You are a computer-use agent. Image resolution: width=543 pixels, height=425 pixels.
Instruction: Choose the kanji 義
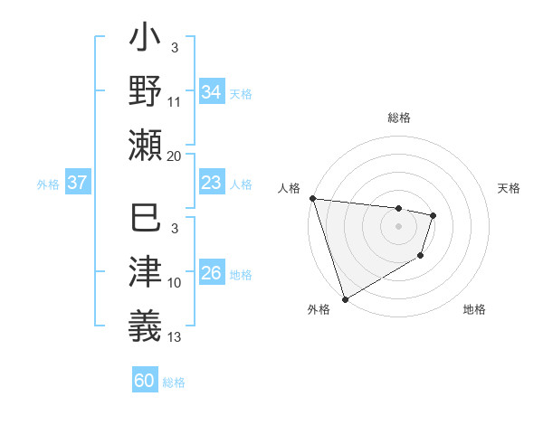point(146,324)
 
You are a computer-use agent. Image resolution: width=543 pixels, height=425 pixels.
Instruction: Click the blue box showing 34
point(211,92)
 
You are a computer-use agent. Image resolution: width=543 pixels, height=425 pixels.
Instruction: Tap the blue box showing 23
point(211,183)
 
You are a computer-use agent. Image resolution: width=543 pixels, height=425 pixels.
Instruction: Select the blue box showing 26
point(211,273)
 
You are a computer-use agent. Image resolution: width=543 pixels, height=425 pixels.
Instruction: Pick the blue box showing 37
point(78,183)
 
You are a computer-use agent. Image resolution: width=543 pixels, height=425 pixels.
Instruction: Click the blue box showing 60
point(145,381)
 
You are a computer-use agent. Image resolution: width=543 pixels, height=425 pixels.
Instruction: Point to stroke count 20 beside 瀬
point(175,156)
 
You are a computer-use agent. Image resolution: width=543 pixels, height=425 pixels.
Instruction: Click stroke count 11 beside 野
point(175,101)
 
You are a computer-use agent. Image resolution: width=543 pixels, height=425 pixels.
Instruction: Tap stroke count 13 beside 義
point(175,337)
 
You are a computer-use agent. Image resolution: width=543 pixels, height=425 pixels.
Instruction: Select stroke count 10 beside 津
point(175,283)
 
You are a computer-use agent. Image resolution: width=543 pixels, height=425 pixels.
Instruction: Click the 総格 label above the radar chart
point(398,118)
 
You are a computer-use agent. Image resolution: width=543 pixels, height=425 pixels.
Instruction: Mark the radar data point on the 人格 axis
point(312,198)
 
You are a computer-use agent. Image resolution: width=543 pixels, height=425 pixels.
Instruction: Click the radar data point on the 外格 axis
point(345,299)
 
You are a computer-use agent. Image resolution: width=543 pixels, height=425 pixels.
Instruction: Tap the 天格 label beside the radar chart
point(510,188)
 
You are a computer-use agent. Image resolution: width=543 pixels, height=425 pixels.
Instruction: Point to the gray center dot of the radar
point(398,226)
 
